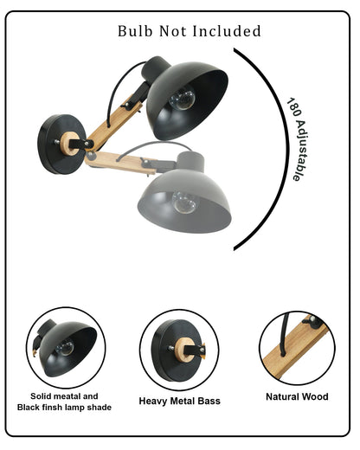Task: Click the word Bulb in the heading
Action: [135, 31]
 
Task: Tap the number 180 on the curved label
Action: [293, 107]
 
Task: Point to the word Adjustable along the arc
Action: [301, 151]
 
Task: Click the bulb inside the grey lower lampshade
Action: [184, 202]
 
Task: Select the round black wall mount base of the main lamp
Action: [61, 145]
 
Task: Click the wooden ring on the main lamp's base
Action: [68, 144]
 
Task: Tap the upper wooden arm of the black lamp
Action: [115, 124]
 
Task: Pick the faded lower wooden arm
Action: [121, 163]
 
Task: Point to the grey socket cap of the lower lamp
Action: [191, 162]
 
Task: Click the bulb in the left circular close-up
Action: [65, 348]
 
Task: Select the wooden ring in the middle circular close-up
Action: [183, 350]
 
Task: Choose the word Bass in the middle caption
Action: [209, 401]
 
